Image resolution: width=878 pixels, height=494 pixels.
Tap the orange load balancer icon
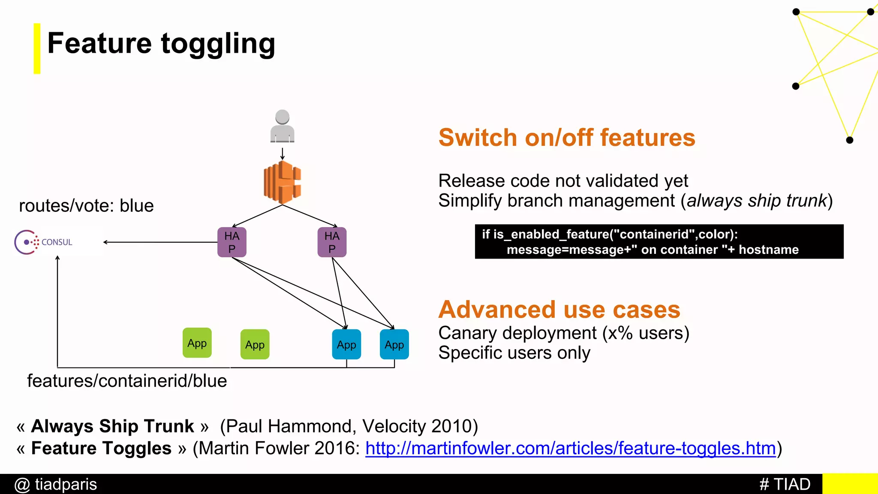coord(282,182)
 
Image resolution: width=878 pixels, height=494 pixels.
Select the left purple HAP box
coord(232,242)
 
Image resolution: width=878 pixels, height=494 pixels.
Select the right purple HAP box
coord(332,242)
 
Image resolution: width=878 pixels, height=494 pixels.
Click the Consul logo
coord(43,242)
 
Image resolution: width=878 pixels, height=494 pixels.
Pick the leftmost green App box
coord(197,343)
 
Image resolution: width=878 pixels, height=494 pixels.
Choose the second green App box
coord(255,344)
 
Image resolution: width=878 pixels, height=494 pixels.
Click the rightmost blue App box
coord(394,344)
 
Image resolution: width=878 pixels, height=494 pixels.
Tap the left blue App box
coord(346,344)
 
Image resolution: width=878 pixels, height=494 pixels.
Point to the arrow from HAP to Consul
coord(161,242)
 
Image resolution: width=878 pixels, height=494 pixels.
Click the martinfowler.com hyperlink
coord(571,449)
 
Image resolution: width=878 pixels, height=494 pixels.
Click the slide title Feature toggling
coord(161,44)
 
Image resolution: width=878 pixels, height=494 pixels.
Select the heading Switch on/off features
coord(567,138)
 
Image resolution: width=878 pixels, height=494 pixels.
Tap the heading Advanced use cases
coord(559,310)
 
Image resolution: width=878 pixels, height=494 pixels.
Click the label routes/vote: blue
coord(86,206)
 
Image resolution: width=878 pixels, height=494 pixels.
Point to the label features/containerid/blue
coord(127,381)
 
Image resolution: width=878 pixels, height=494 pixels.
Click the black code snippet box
coord(659,242)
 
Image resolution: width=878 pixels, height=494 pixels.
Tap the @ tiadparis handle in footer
coord(56,485)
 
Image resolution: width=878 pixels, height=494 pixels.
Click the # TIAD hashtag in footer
coord(785,485)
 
